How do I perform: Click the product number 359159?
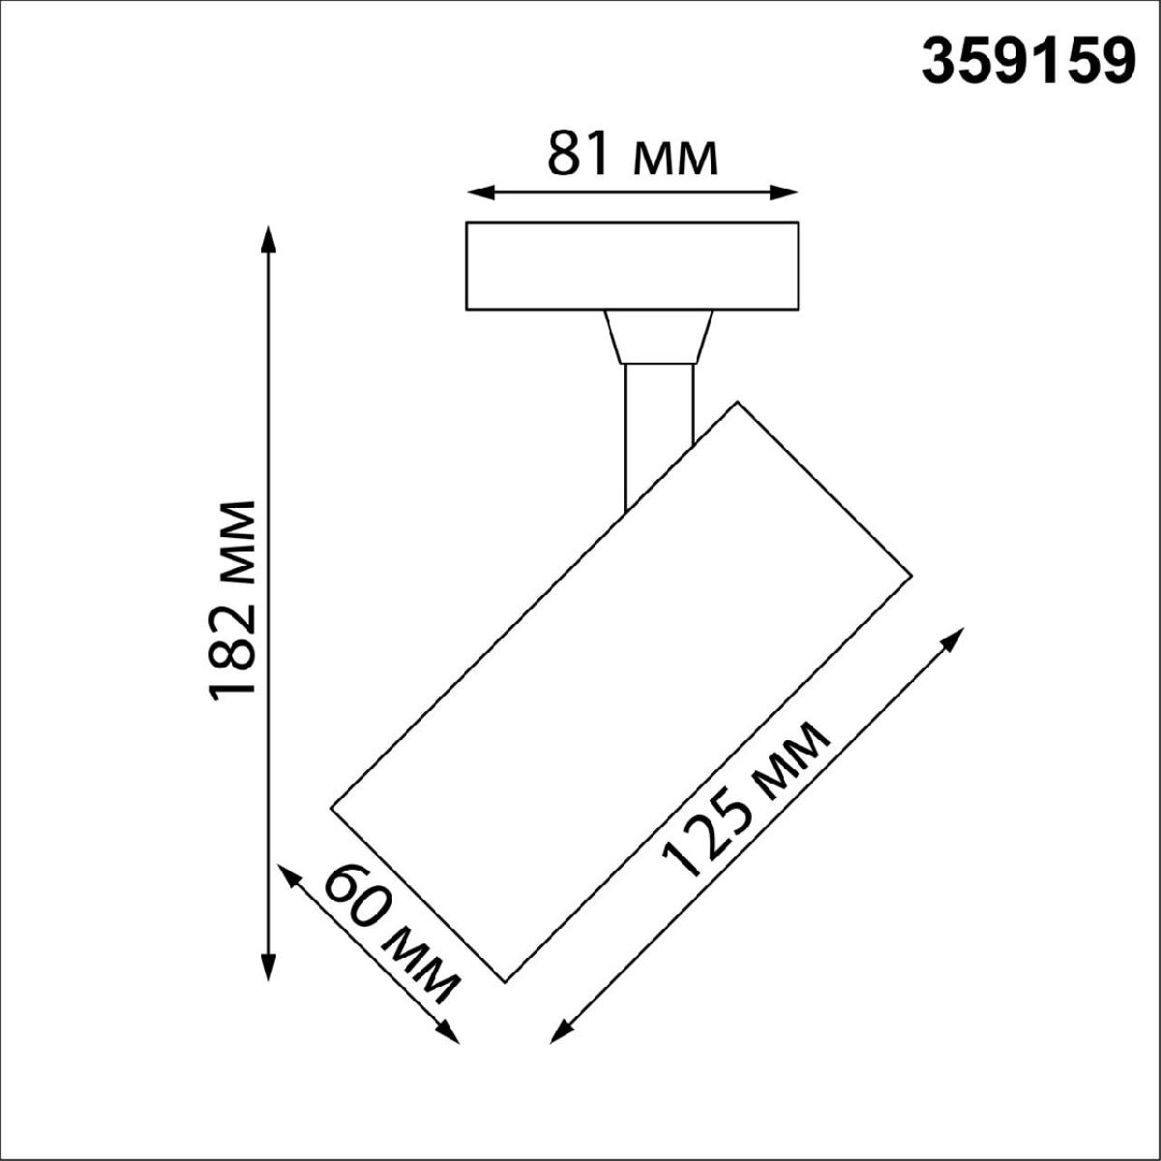(x=1027, y=64)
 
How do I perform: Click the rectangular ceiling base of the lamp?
(x=632, y=266)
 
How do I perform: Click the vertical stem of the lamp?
(x=659, y=426)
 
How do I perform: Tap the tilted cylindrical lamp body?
(x=622, y=692)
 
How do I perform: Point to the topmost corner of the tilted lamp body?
(x=737, y=402)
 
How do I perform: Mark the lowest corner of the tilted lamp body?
(x=506, y=981)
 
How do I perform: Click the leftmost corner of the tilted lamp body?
(x=332, y=805)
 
